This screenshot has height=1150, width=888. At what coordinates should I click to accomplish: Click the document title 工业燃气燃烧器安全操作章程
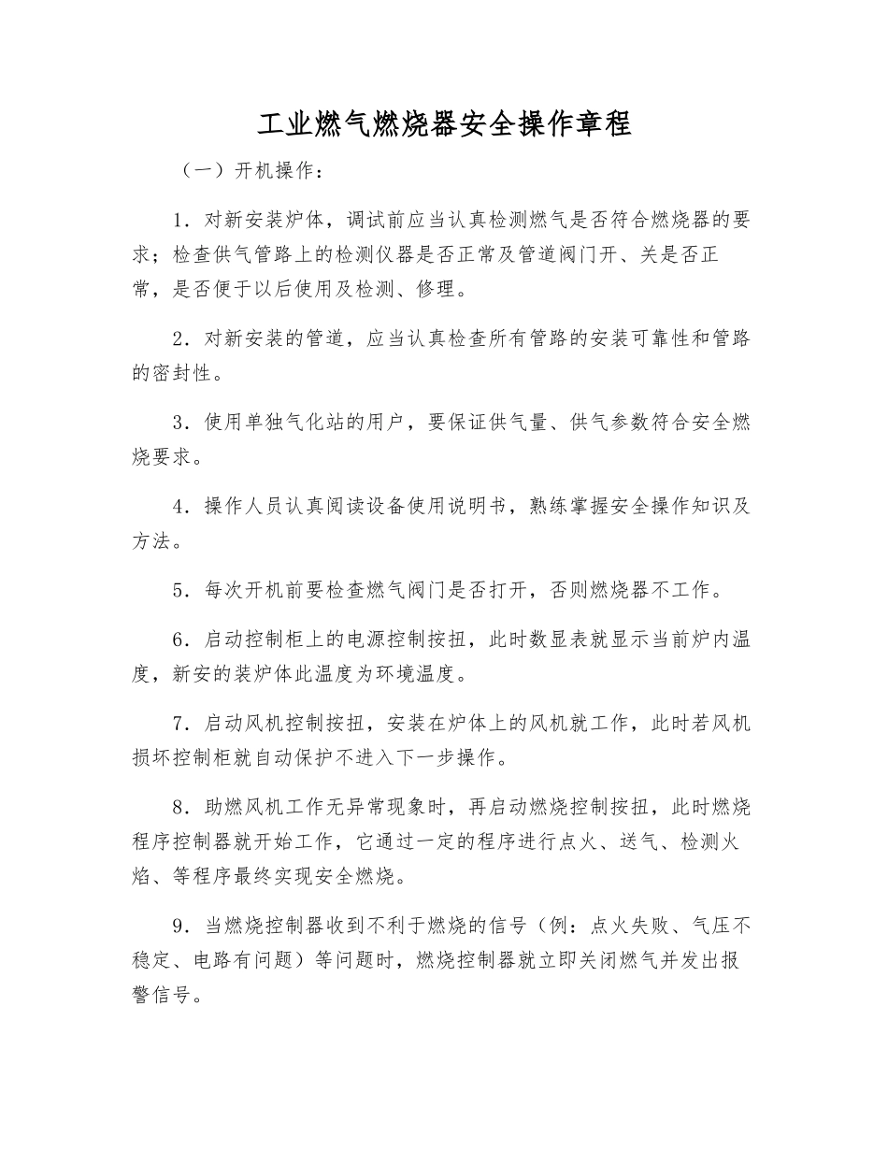pyautogui.click(x=444, y=123)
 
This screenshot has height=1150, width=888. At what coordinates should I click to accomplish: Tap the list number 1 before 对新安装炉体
pyautogui.click(x=180, y=220)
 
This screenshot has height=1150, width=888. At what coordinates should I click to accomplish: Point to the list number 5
pyautogui.click(x=180, y=590)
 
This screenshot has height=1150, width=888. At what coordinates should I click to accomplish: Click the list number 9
pyautogui.click(x=180, y=927)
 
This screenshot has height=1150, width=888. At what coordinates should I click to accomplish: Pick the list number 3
pyautogui.click(x=180, y=422)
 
